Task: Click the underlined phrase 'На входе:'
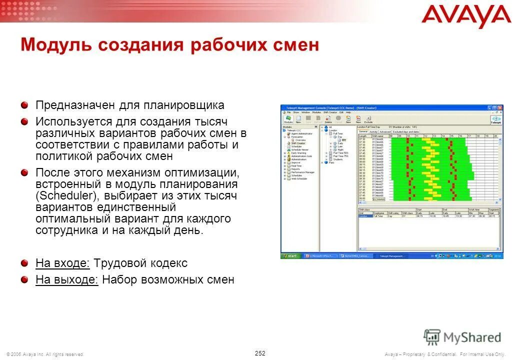coord(63,263)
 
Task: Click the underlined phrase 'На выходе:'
coord(67,279)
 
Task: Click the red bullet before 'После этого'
coord(24,172)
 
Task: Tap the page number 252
coord(260,353)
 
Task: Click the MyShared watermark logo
coord(462,337)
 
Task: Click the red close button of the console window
coord(500,108)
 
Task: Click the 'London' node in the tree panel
coord(332,130)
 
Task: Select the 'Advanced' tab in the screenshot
coord(385,132)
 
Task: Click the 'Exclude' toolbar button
coord(368,119)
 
